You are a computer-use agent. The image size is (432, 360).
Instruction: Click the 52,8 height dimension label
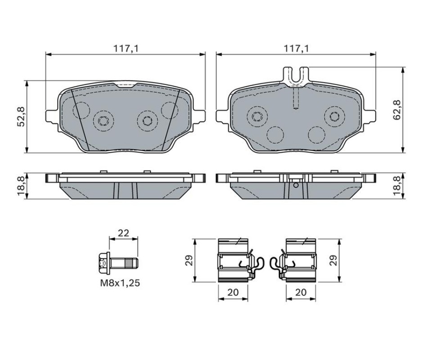[x=21, y=116]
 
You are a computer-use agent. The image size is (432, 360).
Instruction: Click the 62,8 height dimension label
[x=397, y=110]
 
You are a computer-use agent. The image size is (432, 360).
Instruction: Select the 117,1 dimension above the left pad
[x=126, y=49]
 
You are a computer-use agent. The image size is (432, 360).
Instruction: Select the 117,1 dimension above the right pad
[x=297, y=49]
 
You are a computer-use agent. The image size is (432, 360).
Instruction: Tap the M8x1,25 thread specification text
[x=120, y=283]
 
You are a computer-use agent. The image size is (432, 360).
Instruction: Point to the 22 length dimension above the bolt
[x=123, y=233]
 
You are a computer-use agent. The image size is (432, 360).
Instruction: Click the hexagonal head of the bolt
[x=104, y=263]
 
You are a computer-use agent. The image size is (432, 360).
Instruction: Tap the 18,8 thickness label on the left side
[x=21, y=186]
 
